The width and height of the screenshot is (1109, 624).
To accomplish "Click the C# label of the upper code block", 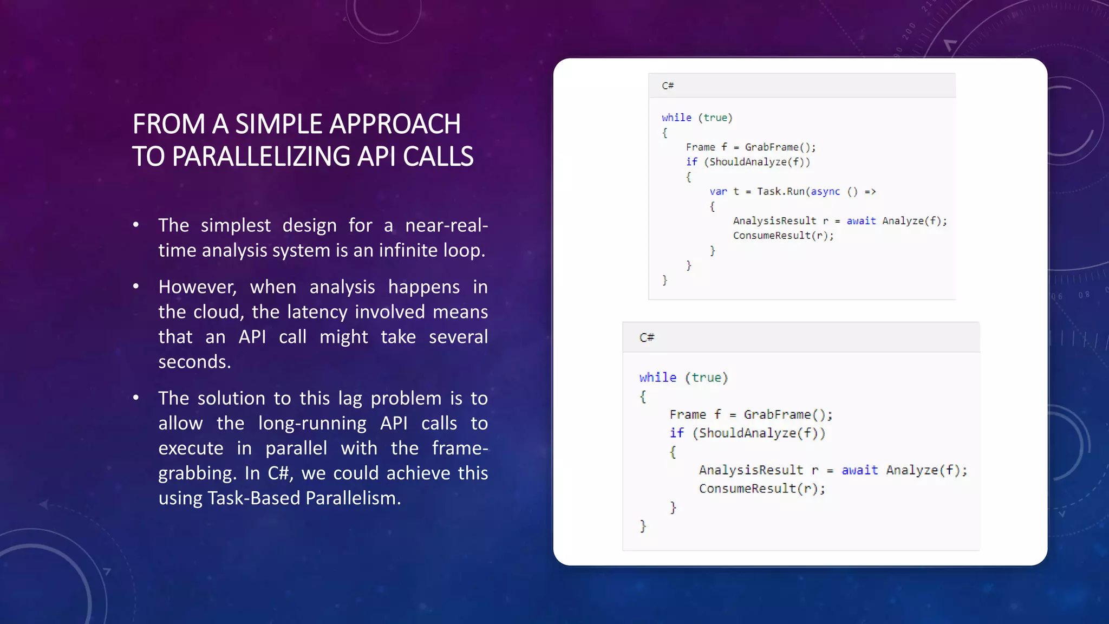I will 668,86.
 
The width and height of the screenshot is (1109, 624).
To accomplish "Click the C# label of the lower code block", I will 647,337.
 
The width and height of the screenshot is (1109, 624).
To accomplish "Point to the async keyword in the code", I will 825,191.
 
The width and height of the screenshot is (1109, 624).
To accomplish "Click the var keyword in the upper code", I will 718,191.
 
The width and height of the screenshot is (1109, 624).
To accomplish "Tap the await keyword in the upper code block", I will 861,220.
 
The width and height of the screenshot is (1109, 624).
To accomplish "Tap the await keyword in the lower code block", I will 859,470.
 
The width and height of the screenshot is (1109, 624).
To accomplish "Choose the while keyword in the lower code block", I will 657,378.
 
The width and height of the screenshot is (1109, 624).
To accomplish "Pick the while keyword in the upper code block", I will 676,118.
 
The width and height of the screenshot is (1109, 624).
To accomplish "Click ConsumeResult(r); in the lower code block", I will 762,489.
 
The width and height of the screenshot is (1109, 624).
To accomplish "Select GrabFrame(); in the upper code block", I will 780,147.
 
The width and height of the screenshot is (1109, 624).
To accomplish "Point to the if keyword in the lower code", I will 677,433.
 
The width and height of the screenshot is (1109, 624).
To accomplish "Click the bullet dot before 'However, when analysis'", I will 136,287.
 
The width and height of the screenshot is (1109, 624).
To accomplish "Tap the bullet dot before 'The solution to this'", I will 136,398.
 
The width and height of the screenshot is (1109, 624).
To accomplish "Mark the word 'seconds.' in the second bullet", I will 194,362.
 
